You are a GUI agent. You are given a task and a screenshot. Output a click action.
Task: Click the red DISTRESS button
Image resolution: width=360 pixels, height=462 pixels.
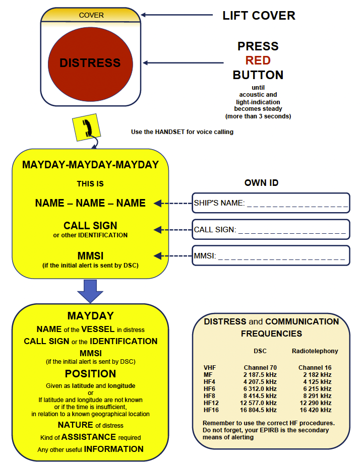(90, 63)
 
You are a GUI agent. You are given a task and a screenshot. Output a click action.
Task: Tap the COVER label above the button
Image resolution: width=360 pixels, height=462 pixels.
(90, 15)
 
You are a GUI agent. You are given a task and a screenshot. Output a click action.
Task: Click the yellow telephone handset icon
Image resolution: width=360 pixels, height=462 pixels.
(87, 127)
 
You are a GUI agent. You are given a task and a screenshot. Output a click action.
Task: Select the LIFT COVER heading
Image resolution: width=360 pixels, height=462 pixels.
(259, 15)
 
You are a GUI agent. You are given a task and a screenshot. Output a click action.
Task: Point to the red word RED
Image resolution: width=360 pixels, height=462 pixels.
(258, 60)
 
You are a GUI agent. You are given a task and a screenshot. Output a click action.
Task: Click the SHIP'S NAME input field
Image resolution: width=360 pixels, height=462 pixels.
(271, 204)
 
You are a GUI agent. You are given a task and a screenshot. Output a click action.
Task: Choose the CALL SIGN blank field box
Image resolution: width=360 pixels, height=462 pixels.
(271, 230)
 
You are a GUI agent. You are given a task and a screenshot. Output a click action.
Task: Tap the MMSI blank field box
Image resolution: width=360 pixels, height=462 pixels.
(271, 256)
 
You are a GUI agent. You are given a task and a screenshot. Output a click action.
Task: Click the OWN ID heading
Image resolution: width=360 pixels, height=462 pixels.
(261, 182)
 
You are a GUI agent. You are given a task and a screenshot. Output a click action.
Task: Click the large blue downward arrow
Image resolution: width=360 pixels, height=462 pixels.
(91, 291)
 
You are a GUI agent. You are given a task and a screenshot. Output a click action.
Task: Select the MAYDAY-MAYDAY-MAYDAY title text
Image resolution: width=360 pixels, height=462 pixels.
(91, 165)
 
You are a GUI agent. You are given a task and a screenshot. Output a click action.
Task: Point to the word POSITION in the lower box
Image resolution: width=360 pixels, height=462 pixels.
(91, 374)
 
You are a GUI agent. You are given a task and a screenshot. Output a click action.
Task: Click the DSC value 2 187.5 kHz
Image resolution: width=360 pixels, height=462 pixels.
(260, 374)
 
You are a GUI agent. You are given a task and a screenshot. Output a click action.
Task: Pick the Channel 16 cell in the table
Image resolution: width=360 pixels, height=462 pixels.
(315, 367)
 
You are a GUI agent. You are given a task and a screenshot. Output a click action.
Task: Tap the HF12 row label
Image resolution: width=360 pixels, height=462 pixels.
(211, 403)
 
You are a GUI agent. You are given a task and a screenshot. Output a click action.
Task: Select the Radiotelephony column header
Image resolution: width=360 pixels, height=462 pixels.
(315, 351)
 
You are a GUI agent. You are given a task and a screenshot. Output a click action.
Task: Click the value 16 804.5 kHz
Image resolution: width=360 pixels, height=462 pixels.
(260, 410)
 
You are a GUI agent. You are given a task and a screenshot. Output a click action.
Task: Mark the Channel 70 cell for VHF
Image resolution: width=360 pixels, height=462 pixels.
(260, 367)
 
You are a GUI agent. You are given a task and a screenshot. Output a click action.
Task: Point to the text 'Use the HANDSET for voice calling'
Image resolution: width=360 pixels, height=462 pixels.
(182, 132)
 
